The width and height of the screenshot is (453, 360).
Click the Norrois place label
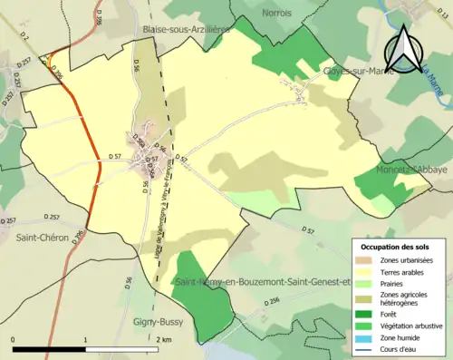(x=276, y=13)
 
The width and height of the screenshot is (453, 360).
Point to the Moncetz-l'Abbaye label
(x=411, y=169)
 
